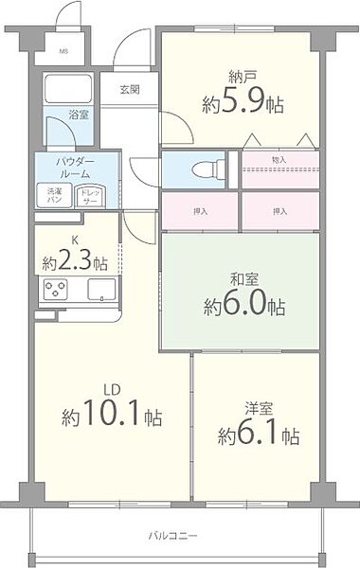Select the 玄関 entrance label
[x=130, y=91]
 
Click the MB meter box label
[x=64, y=51]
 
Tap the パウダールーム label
[x=75, y=169]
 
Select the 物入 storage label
[x=279, y=160]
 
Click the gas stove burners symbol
[x=53, y=290]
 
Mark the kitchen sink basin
[x=101, y=290]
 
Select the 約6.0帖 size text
[x=243, y=307]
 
